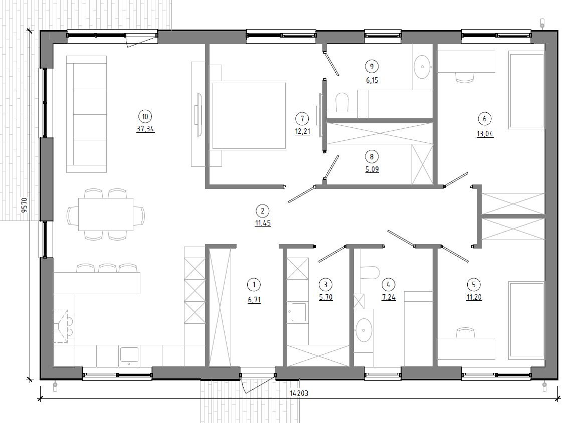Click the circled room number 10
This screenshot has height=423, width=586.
coord(145,117)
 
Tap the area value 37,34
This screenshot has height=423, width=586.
coord(145,129)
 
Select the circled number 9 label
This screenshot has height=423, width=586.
coord(371,67)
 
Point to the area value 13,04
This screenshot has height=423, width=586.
coord(485,134)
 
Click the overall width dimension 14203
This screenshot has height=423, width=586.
coord(299,393)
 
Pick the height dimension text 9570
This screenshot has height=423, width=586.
coord(25,205)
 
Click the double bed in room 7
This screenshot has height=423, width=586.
coord(249,115)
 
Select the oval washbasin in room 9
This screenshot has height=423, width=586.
coord(423,67)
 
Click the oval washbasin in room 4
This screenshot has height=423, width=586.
coord(363,330)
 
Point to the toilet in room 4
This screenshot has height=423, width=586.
coord(369,273)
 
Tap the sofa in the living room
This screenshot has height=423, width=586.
coord(86,114)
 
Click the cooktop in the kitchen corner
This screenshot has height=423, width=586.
coord(64,326)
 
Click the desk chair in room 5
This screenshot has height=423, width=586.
coord(465,333)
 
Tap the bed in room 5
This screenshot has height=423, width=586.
coord(526,321)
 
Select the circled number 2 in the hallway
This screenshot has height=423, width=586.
coord(262,211)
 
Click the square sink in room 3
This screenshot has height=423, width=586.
coord(299,312)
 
